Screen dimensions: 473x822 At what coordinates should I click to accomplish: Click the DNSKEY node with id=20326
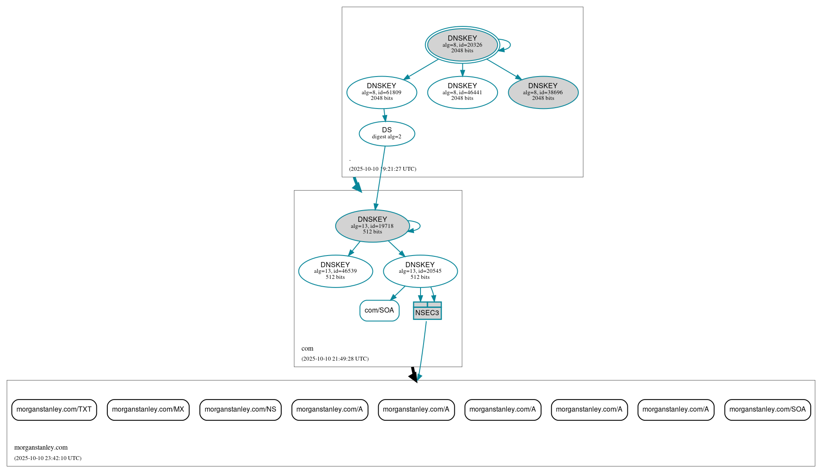pos(462,45)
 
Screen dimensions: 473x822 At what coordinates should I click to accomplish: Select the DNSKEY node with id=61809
pos(382,92)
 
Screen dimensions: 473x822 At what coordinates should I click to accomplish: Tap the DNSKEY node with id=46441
pos(462,92)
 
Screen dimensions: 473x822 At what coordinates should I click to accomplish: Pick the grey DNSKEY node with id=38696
pos(543,92)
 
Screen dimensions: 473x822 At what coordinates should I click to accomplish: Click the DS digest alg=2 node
pos(387,133)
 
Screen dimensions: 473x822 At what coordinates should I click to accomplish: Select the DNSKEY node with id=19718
pos(372,226)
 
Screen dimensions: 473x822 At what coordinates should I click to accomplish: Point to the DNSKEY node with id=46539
pos(335,271)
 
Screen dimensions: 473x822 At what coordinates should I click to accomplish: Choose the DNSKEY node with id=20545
pos(420,271)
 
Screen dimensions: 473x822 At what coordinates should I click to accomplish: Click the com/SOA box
pos(379,310)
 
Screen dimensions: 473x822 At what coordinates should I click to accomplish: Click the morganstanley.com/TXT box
pos(54,409)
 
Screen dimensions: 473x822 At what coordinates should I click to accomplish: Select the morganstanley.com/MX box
pos(148,409)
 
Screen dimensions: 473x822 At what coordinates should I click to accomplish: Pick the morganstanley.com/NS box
pos(240,409)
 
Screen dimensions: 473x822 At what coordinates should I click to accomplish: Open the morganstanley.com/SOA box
pos(767,409)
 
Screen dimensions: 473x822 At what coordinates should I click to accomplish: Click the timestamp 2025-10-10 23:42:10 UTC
pos(48,458)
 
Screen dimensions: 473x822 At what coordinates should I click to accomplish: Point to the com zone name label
pos(307,348)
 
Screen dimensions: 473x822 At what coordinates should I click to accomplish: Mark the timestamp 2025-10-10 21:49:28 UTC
pos(335,359)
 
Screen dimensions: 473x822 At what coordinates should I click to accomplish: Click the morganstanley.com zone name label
pos(41,447)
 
